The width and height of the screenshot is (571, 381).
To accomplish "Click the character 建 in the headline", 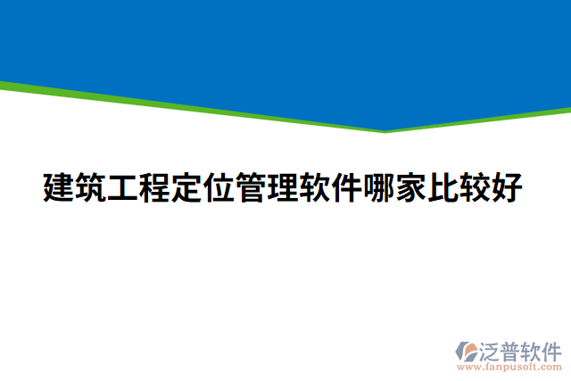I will tap(59, 188).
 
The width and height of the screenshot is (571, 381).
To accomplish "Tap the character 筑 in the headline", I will tap(91, 188).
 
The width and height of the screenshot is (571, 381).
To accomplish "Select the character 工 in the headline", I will tap(123, 188).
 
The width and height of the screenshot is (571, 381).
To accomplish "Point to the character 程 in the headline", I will tap(155, 188).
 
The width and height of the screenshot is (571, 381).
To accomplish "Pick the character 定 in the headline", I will tap(187, 188).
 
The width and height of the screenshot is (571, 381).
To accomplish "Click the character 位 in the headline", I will tap(219, 188).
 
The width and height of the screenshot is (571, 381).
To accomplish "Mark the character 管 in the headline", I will tap(252, 188).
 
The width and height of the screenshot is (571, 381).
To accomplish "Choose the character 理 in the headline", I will tap(284, 188).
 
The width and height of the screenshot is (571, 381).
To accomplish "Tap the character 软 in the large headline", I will tap(316, 188).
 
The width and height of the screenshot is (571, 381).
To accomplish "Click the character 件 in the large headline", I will tap(348, 188).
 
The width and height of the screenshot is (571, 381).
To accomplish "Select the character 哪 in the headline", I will tap(380, 188).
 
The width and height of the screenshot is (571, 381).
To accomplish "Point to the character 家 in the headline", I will tap(412, 188).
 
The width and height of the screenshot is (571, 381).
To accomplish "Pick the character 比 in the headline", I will tap(444, 188).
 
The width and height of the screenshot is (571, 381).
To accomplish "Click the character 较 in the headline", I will tap(476, 188).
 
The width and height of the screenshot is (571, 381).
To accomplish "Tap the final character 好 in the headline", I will tap(509, 188).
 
